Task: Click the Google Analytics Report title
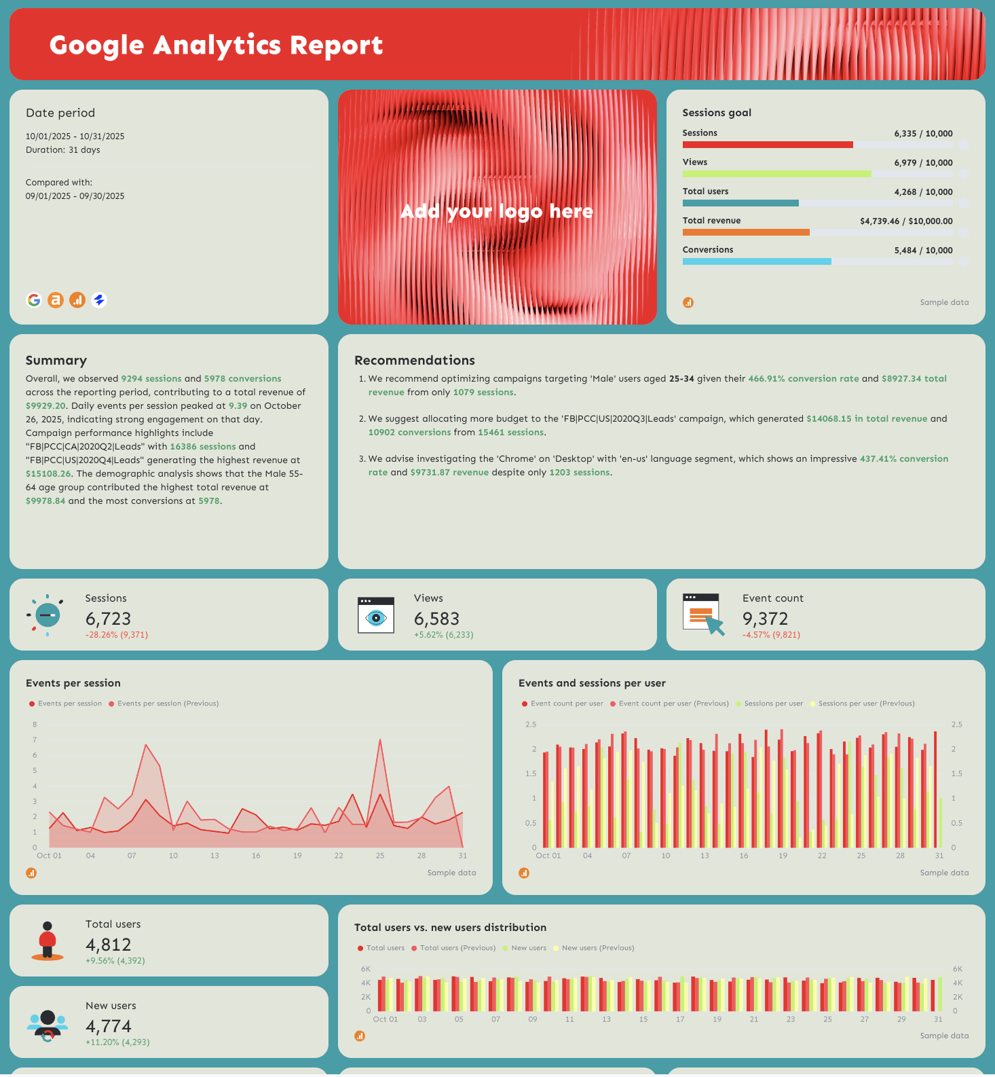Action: (216, 45)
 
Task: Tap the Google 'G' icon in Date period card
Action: (34, 299)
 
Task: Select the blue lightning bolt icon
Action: (99, 299)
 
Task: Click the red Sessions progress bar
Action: (767, 145)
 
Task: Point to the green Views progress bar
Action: (776, 174)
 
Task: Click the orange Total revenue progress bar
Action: (745, 232)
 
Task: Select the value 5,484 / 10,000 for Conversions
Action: (923, 251)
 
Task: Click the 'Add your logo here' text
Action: (497, 211)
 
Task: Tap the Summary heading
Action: (56, 361)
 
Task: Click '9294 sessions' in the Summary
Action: (151, 379)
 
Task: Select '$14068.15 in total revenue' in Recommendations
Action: (867, 419)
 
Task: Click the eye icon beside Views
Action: (375, 617)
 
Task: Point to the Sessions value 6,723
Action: (108, 619)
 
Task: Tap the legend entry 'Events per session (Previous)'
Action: (168, 704)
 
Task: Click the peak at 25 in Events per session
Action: (380, 740)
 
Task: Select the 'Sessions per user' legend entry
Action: (773, 704)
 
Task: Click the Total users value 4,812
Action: (108, 945)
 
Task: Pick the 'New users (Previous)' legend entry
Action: (597, 948)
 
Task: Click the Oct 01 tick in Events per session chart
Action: (49, 856)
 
